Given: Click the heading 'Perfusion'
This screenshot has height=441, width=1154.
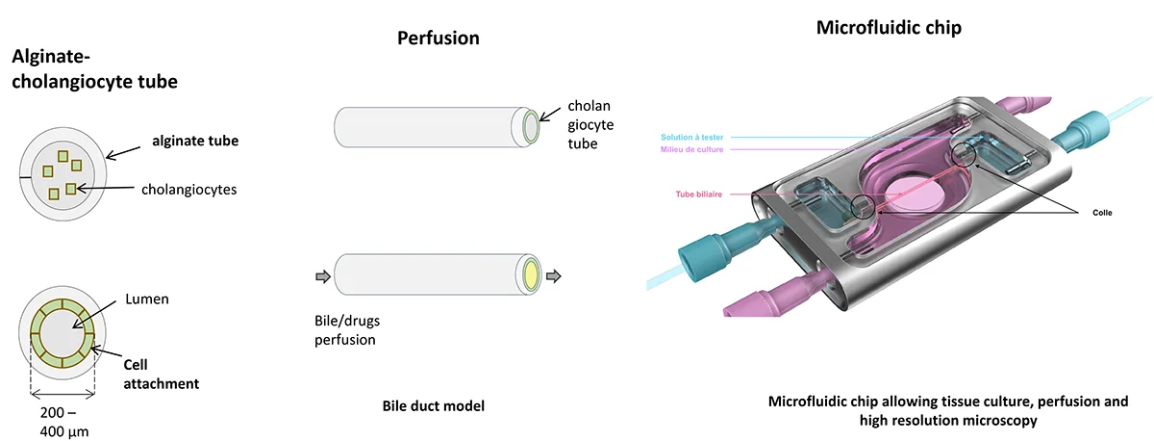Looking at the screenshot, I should click(439, 39).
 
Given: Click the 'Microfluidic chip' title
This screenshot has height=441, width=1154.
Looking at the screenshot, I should click(889, 28).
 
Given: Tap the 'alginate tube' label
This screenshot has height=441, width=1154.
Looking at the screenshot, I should click(195, 142).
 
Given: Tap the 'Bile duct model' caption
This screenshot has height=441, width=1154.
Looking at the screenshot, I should click(434, 405).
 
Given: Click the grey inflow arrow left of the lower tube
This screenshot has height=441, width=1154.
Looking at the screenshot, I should click(322, 277).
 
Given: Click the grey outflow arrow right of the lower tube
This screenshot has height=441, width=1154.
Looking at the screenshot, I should click(554, 277).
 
